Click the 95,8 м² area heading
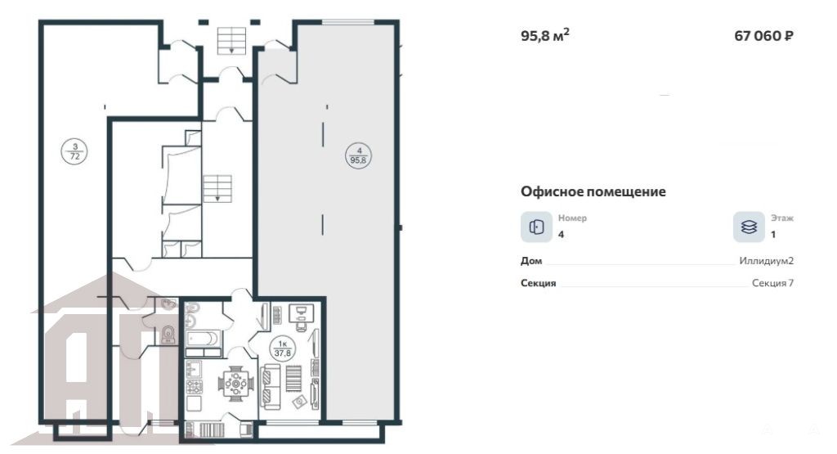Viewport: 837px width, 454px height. click(545, 35)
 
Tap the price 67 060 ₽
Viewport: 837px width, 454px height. click(764, 36)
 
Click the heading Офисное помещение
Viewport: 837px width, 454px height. click(593, 191)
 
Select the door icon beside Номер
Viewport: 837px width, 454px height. click(536, 227)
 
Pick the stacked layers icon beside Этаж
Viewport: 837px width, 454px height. click(749, 227)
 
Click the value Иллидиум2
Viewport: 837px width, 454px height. click(767, 261)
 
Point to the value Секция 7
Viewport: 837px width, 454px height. click(773, 282)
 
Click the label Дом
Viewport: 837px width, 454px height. click(531, 261)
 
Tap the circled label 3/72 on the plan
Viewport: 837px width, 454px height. click(74, 151)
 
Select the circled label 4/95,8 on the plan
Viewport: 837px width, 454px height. click(359, 155)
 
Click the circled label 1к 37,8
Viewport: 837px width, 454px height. click(282, 348)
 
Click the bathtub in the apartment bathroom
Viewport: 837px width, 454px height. click(203, 339)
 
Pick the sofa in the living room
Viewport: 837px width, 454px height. click(272, 387)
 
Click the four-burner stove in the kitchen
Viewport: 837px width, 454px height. click(194, 387)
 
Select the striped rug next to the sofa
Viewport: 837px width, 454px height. click(293, 379)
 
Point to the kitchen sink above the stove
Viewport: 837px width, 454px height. click(194, 370)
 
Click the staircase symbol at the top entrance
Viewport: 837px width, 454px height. click(231, 41)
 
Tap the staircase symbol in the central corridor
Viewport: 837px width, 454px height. click(217, 188)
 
